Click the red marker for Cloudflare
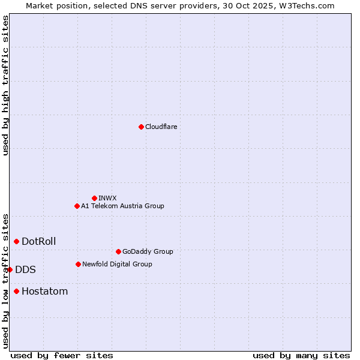141,127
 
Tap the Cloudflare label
161,127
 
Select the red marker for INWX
94,198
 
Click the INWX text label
107,198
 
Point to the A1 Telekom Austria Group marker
77,206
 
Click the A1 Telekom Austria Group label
122,206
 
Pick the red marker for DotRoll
16,241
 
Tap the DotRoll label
38,241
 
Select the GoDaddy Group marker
118,251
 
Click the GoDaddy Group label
147,251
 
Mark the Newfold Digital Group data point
78,264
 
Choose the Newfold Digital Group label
117,264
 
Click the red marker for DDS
10,269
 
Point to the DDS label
25,269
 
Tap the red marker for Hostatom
16,291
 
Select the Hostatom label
44,291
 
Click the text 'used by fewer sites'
61,355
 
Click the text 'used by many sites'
301,355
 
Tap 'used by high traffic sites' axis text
5,85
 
